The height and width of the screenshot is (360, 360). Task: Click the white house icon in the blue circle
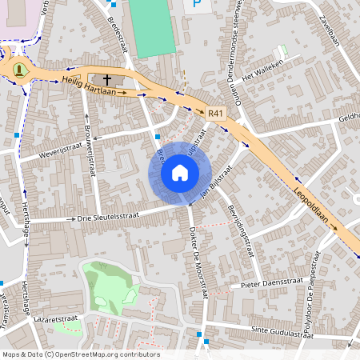[180, 173]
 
